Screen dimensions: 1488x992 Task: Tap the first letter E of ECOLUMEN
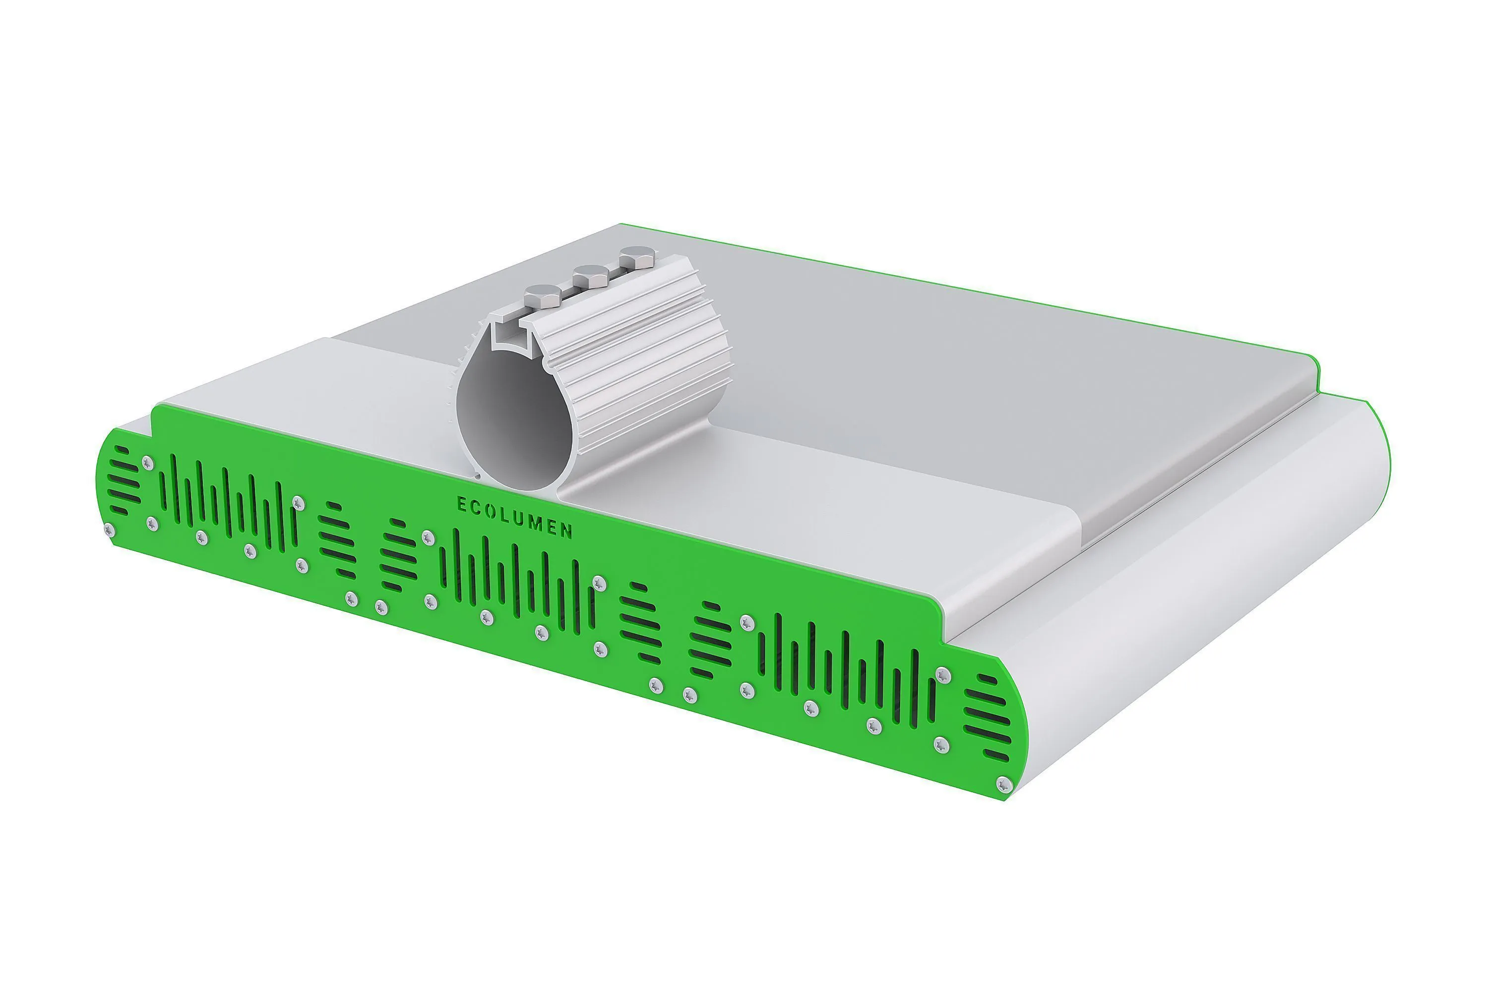click(462, 504)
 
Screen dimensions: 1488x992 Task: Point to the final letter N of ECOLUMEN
click(568, 530)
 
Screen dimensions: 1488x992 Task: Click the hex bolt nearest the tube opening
click(543, 295)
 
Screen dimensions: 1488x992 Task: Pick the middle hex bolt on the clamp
click(591, 276)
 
